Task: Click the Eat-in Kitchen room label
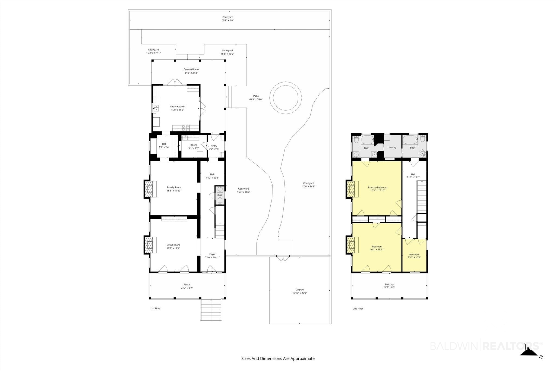coord(178,108)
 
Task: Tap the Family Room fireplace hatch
coord(149,189)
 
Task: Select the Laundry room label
coord(392,147)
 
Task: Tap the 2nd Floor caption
coord(358,309)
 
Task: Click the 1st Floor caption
coord(156,309)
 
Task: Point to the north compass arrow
coord(528,353)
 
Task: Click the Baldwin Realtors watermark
coord(486,346)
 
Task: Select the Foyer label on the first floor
coord(212,254)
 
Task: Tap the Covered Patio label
coord(191,70)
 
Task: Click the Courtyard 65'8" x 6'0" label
coord(228,19)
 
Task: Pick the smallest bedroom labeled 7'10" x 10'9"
coord(414,256)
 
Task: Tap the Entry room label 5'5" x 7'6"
coord(214,147)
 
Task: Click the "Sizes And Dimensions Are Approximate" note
coord(278,359)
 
